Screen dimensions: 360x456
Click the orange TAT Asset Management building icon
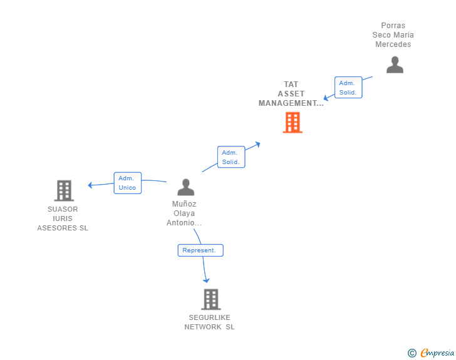click(x=293, y=123)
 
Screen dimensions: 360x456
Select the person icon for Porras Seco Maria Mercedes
click(x=395, y=64)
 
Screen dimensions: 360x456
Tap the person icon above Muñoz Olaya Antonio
click(x=185, y=187)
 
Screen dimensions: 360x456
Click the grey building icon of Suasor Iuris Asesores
click(x=64, y=190)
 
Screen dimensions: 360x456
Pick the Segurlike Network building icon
click(x=211, y=299)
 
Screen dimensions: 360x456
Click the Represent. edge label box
click(x=200, y=250)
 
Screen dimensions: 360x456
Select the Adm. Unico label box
click(x=127, y=183)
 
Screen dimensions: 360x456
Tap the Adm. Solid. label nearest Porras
click(x=348, y=88)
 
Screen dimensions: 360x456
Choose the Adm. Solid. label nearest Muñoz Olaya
click(x=231, y=157)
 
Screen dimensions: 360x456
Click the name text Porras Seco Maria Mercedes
click(x=393, y=35)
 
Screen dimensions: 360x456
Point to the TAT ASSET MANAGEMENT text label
click(x=291, y=94)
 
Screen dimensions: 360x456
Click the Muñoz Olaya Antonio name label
click(x=184, y=213)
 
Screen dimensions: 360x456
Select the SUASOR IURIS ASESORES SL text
click(x=63, y=219)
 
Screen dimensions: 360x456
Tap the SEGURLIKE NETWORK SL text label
click(x=210, y=322)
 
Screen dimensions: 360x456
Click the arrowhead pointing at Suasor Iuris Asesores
click(x=91, y=185)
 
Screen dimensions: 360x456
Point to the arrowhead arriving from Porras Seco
click(x=326, y=98)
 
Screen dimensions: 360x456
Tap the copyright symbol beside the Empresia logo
click(x=412, y=353)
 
